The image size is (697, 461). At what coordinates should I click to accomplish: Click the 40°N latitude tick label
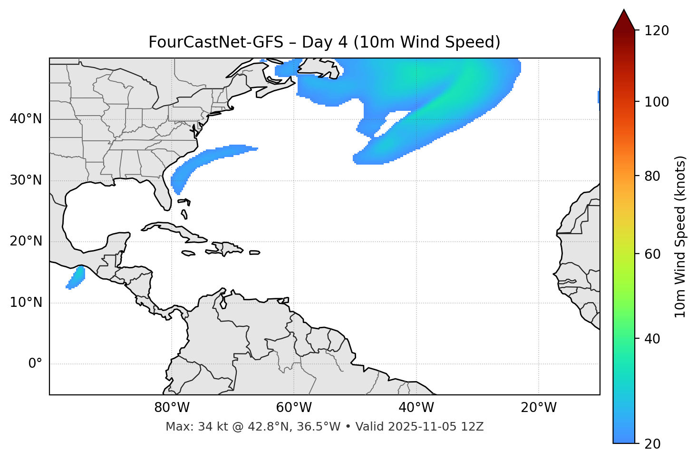(26, 119)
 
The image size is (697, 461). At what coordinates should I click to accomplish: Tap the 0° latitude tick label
(35, 364)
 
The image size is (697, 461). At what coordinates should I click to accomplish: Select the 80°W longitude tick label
(172, 408)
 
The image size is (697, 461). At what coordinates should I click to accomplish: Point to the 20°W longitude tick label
(539, 408)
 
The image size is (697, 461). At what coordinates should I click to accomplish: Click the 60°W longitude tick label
(294, 408)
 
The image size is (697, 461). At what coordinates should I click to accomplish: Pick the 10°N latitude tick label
(26, 303)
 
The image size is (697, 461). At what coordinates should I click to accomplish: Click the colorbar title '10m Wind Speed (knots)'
(680, 236)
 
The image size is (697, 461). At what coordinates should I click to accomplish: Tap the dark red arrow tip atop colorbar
(623, 14)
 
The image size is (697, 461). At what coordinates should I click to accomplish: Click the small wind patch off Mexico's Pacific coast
(76, 278)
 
